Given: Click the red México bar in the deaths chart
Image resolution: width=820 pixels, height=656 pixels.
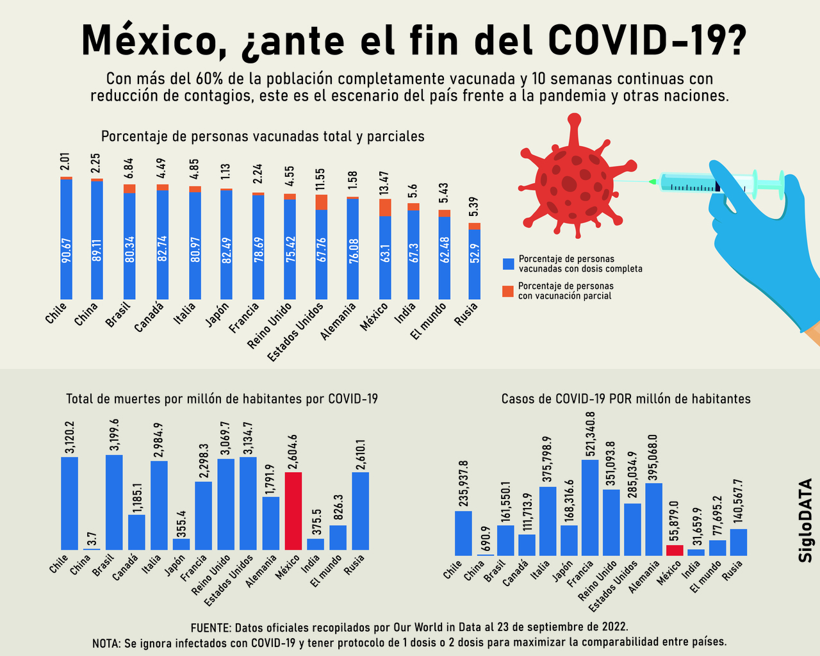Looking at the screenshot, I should [293, 511].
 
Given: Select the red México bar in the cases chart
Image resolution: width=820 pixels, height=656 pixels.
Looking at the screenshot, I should [675, 550].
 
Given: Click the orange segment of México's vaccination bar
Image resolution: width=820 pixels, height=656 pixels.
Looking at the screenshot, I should [385, 208].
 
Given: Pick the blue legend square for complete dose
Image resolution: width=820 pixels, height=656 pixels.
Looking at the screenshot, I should [508, 264].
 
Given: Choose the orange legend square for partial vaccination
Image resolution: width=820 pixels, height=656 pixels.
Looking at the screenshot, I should [508, 291].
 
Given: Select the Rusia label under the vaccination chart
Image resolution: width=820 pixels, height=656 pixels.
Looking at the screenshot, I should [466, 314].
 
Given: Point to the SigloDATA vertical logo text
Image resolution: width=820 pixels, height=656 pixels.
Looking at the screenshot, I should [805, 520].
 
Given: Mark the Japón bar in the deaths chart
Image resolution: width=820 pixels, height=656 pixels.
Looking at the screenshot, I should [181, 544].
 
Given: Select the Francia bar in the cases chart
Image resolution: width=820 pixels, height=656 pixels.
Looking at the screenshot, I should [590, 507].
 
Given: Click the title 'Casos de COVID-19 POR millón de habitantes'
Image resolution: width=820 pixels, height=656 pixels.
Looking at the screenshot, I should [626, 398].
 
